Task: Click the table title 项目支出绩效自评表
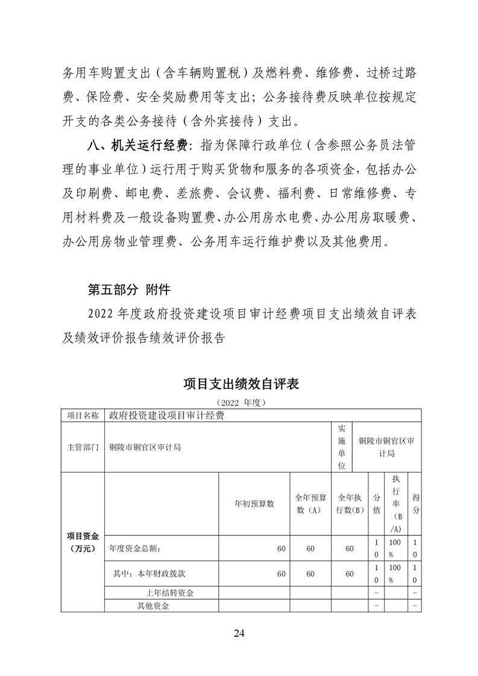pyautogui.click(x=239, y=384)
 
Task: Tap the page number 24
pyautogui.click(x=239, y=633)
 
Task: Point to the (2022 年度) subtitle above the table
pyautogui.click(x=239, y=401)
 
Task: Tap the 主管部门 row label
pyautogui.click(x=83, y=447)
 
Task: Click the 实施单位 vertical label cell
pyautogui.click(x=342, y=447)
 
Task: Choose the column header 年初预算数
pyautogui.click(x=254, y=504)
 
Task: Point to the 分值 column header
pyautogui.click(x=377, y=504)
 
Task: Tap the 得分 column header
pyautogui.click(x=415, y=504)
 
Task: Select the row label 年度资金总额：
pyautogui.click(x=134, y=549)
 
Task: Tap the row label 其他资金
pyautogui.click(x=153, y=606)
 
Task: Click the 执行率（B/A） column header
pyautogui.click(x=396, y=504)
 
